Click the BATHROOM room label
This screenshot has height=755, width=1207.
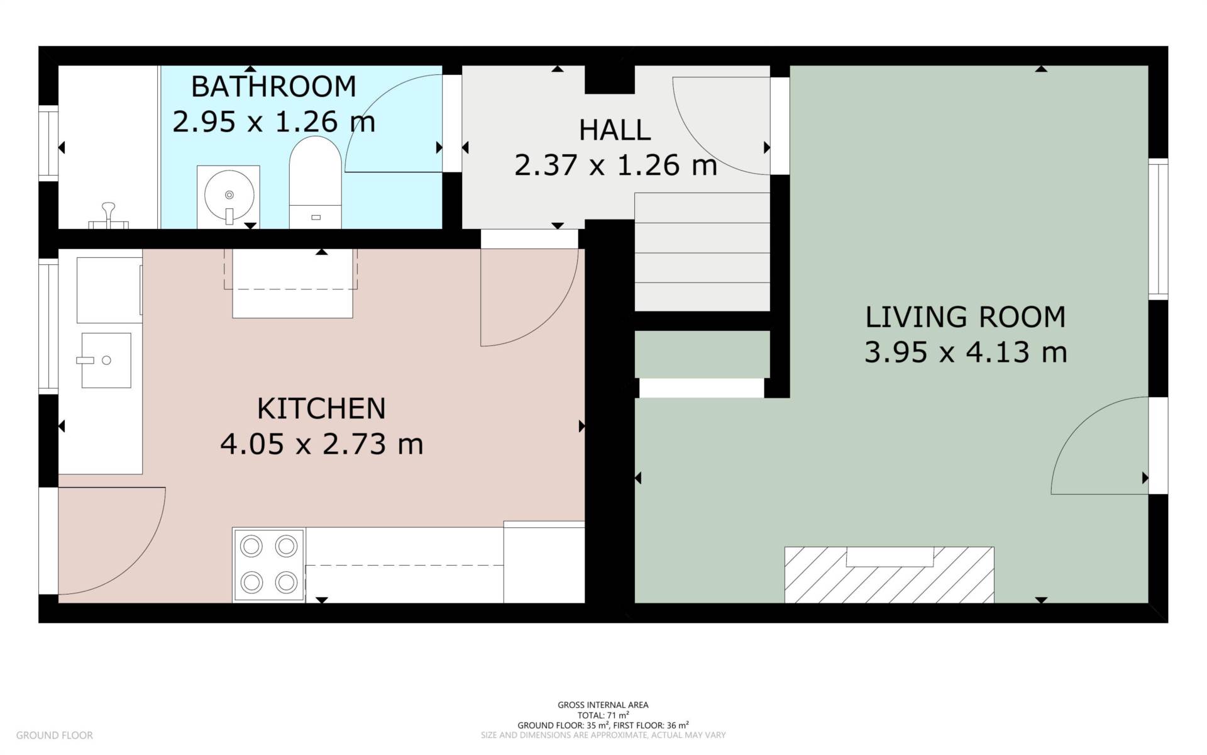click(x=273, y=87)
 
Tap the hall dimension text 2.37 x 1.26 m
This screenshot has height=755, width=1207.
click(x=615, y=165)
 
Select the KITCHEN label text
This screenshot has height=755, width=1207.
click(x=321, y=409)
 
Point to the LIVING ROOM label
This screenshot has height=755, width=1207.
click(x=965, y=317)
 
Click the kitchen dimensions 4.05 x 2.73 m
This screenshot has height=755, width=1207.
click(x=321, y=444)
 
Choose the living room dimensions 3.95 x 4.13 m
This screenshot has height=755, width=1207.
click(x=965, y=352)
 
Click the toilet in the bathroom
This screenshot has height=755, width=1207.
click(x=315, y=182)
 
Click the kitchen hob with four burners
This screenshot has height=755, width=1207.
click(x=268, y=564)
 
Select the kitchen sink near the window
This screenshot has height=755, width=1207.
click(x=106, y=360)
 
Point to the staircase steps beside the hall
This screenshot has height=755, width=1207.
click(x=702, y=252)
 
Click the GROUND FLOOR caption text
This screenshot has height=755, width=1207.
click(x=54, y=735)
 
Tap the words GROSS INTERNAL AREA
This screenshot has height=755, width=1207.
click(x=603, y=705)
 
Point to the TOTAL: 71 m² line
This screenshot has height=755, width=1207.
click(x=603, y=715)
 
